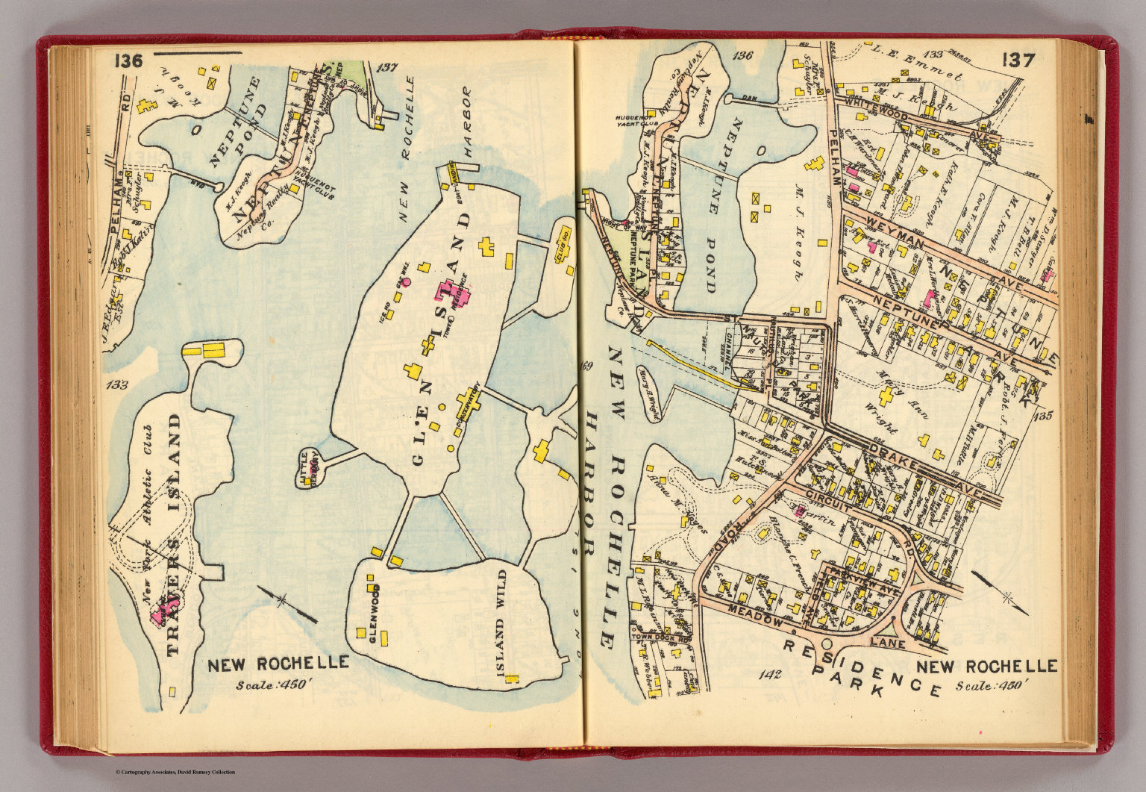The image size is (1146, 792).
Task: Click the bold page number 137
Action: point(1018,60)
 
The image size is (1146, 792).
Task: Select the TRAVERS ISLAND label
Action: point(173,534)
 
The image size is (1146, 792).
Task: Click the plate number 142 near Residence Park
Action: point(768,676)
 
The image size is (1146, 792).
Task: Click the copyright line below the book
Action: point(175,772)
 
